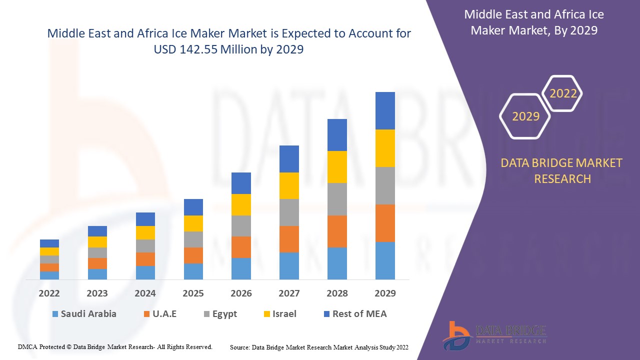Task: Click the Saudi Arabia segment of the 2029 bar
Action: click(385, 260)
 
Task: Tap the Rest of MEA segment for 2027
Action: click(289, 158)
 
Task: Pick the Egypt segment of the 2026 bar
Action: click(241, 225)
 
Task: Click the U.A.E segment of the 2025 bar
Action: click(193, 255)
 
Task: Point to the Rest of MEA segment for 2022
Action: click(49, 243)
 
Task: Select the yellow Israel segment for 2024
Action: click(145, 232)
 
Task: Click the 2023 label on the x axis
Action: click(97, 293)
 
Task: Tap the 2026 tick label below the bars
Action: click(241, 293)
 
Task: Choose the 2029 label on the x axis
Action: click(385, 293)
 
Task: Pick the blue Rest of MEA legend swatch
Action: click(327, 314)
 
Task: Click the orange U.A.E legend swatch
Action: click(147, 314)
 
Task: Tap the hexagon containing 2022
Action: click(563, 93)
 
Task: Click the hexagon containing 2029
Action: click(525, 116)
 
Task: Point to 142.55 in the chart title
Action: click(195, 49)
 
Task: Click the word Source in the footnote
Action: click(239, 346)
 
